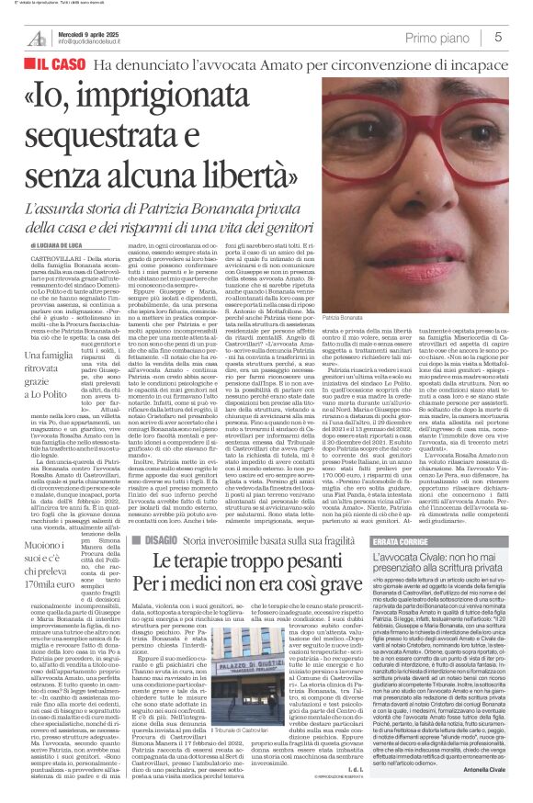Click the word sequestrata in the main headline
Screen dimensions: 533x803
119,139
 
